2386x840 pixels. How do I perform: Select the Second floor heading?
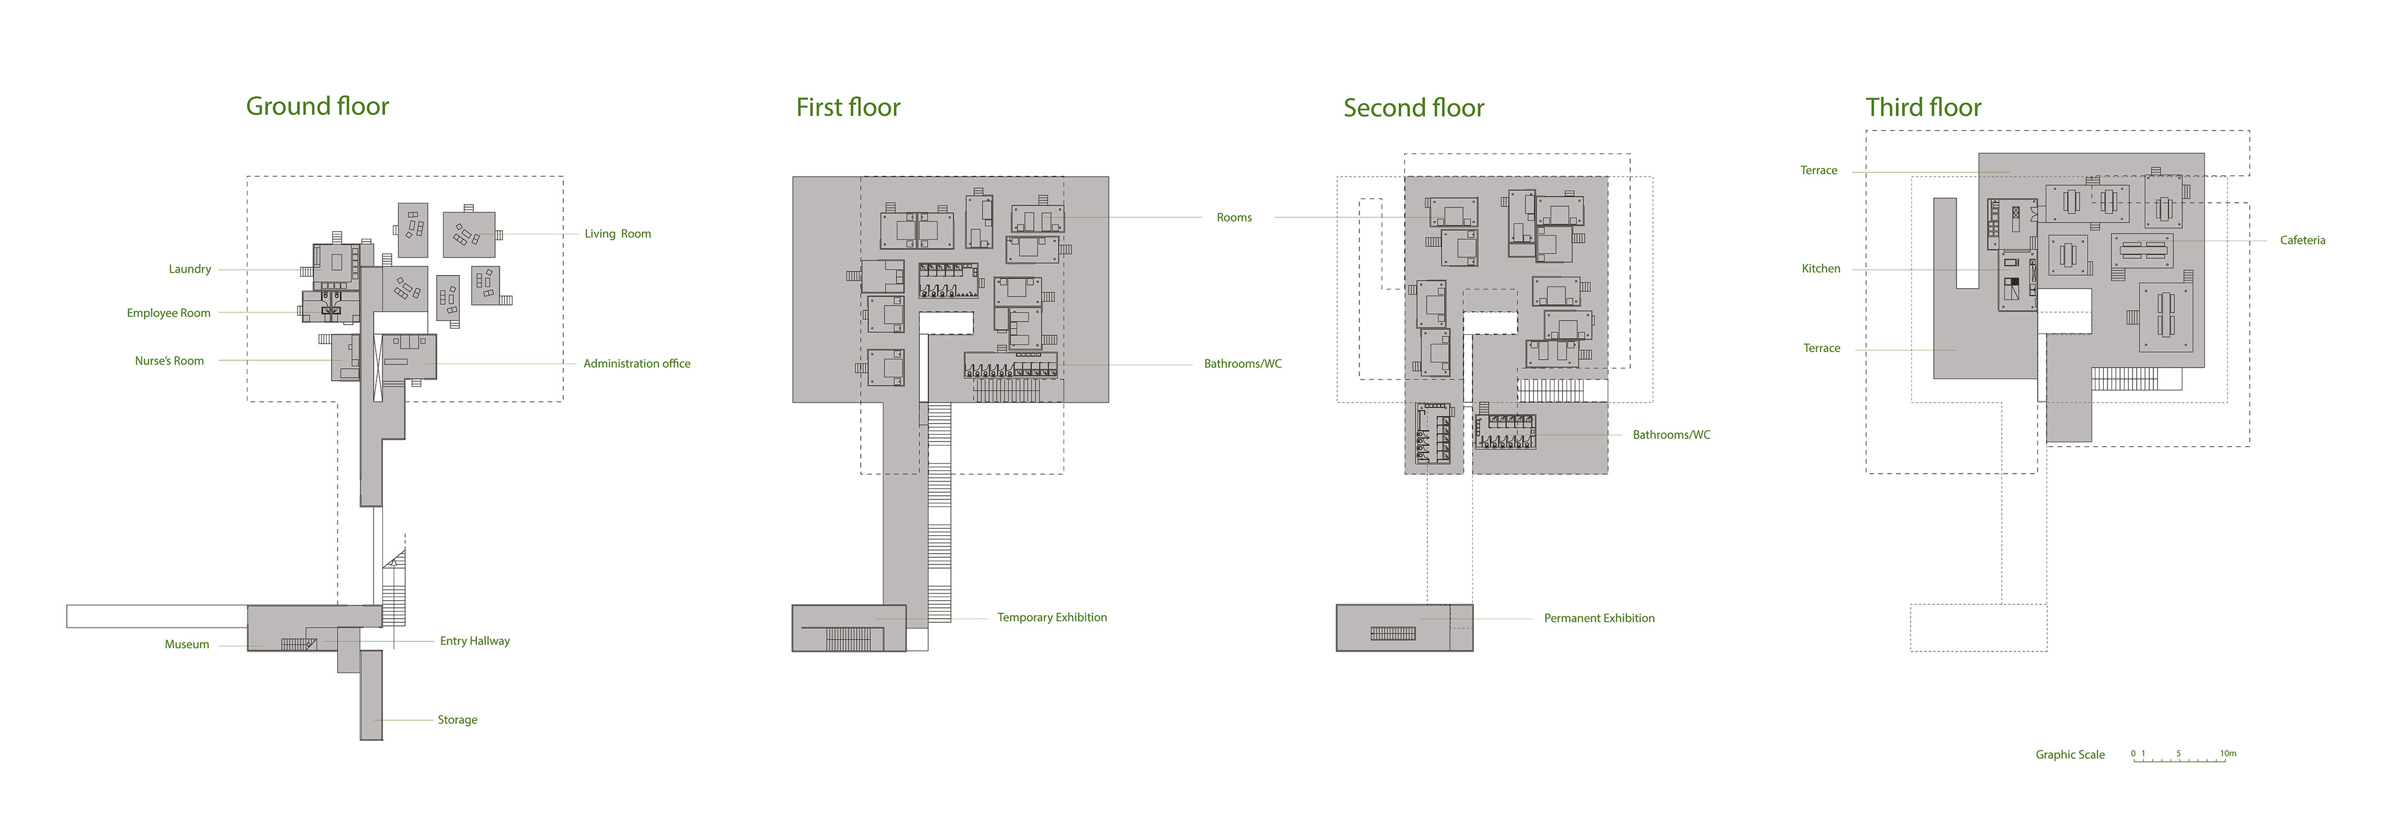point(1414,109)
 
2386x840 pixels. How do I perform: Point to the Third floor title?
point(1923,107)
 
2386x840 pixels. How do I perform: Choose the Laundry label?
point(190,270)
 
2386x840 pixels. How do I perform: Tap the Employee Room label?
point(169,313)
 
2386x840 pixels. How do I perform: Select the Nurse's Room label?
point(169,361)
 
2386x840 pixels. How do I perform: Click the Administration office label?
point(636,364)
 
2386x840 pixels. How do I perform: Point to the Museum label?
point(187,644)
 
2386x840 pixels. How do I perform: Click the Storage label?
point(458,719)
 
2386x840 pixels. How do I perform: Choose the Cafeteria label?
point(2302,241)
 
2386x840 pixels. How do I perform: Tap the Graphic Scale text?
point(2069,755)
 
